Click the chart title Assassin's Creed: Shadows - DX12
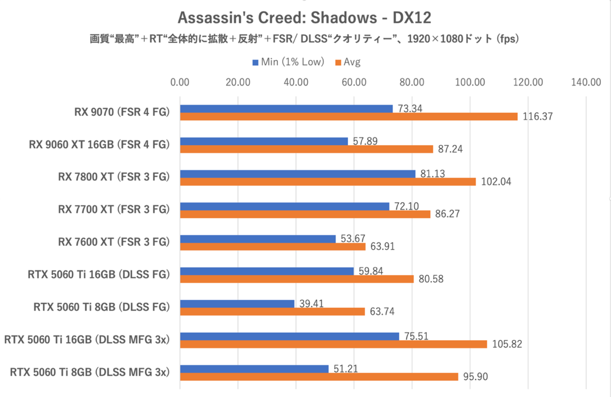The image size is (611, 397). click(x=304, y=18)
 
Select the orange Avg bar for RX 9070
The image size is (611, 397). click(x=349, y=117)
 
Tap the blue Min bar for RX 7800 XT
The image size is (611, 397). click(x=298, y=174)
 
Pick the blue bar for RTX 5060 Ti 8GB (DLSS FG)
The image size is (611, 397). click(x=237, y=304)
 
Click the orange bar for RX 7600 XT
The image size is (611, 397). click(x=273, y=247)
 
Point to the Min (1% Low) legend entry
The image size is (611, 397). click(x=288, y=62)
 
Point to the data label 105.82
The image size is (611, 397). click(x=506, y=345)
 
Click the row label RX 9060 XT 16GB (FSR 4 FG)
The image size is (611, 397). click(x=99, y=145)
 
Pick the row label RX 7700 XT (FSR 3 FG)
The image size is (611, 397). click(x=114, y=209)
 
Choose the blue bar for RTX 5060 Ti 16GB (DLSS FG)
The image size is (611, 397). click(x=267, y=271)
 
